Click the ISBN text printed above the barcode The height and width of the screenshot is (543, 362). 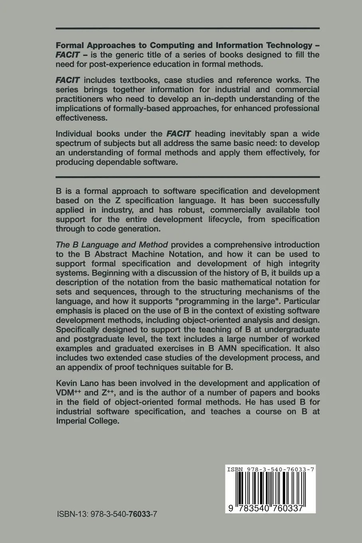pyautogui.click(x=271, y=470)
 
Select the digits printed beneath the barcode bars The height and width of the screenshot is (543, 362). pyautogui.click(x=271, y=508)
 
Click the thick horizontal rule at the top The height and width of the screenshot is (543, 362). pyautogui.click(x=188, y=28)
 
